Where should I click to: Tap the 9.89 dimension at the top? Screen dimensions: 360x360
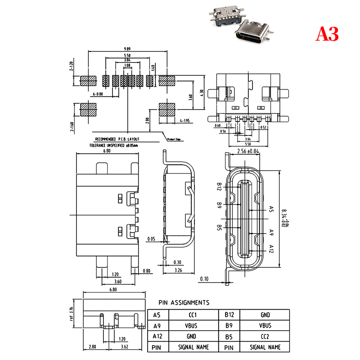click(127, 48)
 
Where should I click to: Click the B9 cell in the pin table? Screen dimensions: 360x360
click(229, 326)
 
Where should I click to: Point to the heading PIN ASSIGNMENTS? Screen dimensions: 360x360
click(184, 302)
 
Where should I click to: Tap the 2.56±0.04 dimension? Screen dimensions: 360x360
click(248, 152)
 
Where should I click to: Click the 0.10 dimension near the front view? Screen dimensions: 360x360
click(204, 279)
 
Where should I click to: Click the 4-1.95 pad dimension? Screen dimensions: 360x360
click(184, 121)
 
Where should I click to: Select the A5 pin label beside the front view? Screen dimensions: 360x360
click(271, 209)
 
